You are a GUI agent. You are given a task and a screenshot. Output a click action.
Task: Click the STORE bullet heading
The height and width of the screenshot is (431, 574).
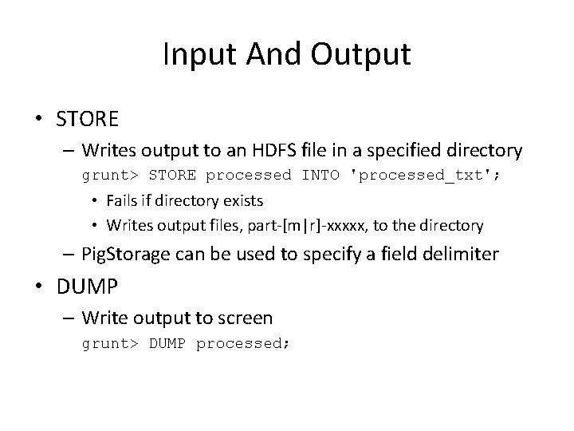(87, 120)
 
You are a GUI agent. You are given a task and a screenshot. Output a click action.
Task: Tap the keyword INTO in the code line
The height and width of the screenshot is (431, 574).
(320, 175)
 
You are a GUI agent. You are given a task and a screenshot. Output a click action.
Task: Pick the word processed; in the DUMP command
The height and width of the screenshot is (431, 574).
(243, 343)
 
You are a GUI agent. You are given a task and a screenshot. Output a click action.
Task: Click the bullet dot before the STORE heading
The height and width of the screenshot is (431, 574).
(38, 120)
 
